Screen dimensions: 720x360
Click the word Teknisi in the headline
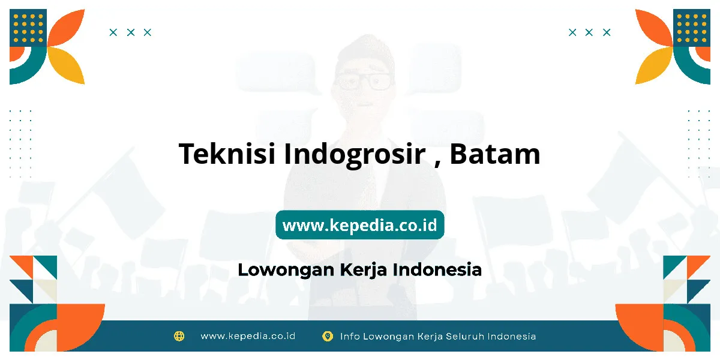coord(227,154)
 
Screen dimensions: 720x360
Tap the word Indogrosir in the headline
coord(355,155)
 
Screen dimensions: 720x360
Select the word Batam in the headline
coord(494,154)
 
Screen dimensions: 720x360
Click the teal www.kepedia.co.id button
coord(360,224)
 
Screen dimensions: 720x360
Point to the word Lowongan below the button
coord(286,270)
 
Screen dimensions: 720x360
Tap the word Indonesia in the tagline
coord(437,269)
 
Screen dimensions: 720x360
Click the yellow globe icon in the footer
coord(179,336)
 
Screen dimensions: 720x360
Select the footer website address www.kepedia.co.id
coord(248,336)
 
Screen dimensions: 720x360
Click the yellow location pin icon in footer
coord(328,336)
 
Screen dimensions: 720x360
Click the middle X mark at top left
coord(131,32)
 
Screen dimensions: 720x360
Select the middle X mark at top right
coord(589,32)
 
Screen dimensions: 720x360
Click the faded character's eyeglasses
coord(364,81)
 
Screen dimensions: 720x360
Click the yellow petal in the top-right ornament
coord(653,66)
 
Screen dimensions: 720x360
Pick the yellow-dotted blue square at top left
coord(28,28)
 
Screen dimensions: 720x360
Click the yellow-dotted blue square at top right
coord(692,28)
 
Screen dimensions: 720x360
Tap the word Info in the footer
coord(350,337)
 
